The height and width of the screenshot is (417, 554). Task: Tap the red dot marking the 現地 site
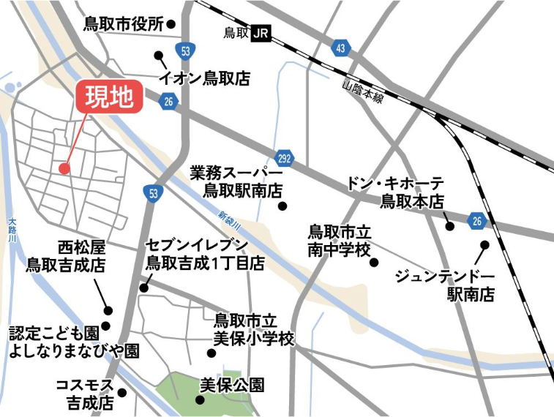64,168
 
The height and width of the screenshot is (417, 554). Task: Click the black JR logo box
261,32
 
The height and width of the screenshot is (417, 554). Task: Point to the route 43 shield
340,48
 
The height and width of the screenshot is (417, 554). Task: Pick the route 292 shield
285,159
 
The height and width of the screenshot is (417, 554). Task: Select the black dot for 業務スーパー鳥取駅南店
282,206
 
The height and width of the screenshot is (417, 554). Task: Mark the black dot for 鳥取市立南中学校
374,262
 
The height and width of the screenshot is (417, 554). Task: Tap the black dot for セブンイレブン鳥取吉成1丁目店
144,288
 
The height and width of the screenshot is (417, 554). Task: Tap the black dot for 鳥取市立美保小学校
212,353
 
